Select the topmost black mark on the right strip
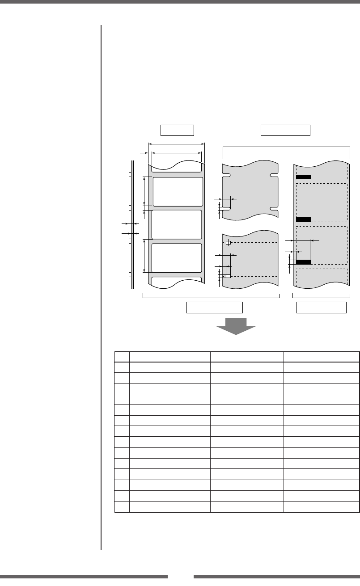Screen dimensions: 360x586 (303, 177)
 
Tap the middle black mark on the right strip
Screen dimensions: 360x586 (303, 219)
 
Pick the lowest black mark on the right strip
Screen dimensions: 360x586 (303, 261)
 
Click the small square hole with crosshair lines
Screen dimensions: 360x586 (228, 243)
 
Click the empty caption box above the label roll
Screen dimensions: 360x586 (177, 130)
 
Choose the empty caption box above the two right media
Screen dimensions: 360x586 (285, 130)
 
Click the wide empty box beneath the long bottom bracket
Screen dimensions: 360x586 (214, 308)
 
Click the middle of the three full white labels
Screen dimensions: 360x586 (177, 224)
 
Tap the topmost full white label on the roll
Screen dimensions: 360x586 (178, 191)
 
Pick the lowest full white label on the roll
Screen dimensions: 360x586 (177, 258)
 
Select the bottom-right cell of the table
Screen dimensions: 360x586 (321, 506)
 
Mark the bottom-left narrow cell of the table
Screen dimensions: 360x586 (122, 506)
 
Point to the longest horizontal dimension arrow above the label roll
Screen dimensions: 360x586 (176, 144)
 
